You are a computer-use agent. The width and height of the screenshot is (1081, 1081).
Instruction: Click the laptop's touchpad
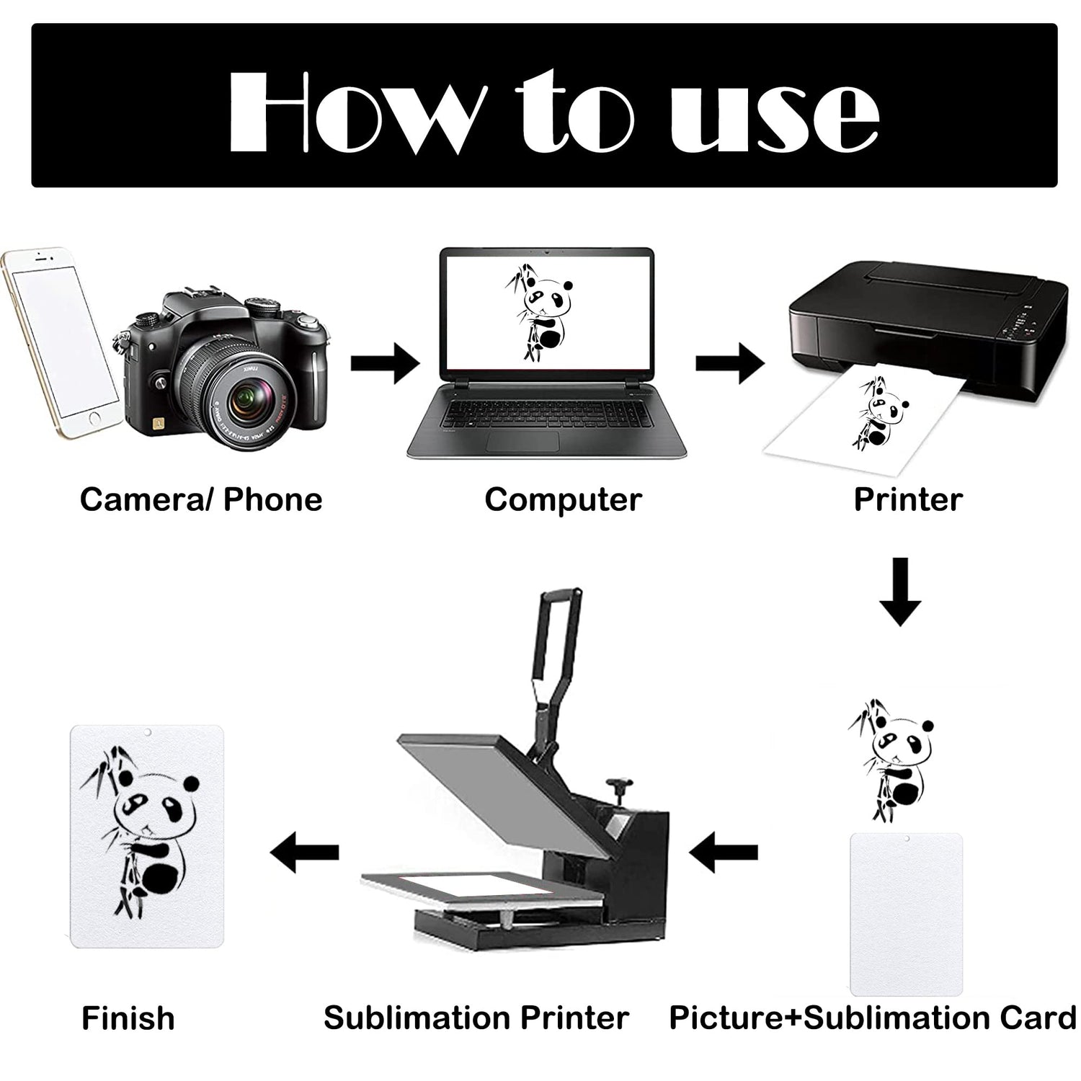(523, 441)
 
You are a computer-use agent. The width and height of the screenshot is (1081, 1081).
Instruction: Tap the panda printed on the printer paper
(877, 414)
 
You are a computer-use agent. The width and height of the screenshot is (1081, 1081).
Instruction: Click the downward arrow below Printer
(901, 592)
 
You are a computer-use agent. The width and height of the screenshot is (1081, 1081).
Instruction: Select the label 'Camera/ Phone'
(201, 499)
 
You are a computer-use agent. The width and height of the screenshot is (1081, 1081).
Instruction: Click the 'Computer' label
(563, 499)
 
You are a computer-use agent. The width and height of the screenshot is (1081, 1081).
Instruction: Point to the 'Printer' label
(908, 499)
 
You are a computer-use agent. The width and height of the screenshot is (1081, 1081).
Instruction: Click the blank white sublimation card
(907, 914)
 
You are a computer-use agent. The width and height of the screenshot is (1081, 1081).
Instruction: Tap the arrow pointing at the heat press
(724, 853)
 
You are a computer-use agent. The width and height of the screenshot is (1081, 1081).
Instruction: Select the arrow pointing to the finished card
(304, 853)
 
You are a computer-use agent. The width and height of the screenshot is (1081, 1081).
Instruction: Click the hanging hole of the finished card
(147, 732)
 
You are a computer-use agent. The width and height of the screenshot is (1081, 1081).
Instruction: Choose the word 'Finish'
(128, 1018)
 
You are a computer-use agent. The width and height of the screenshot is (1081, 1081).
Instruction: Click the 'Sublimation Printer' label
(476, 1018)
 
